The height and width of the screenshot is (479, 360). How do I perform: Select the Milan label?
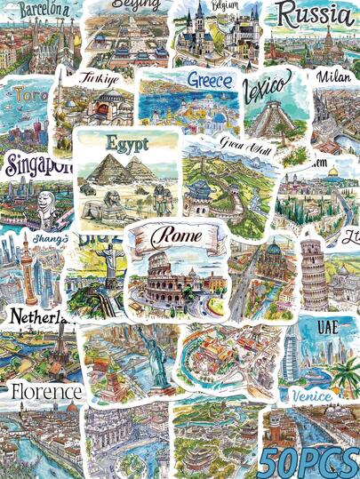pyautogui.click(x=336, y=77)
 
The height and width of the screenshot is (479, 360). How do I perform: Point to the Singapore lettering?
pyautogui.click(x=34, y=166)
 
